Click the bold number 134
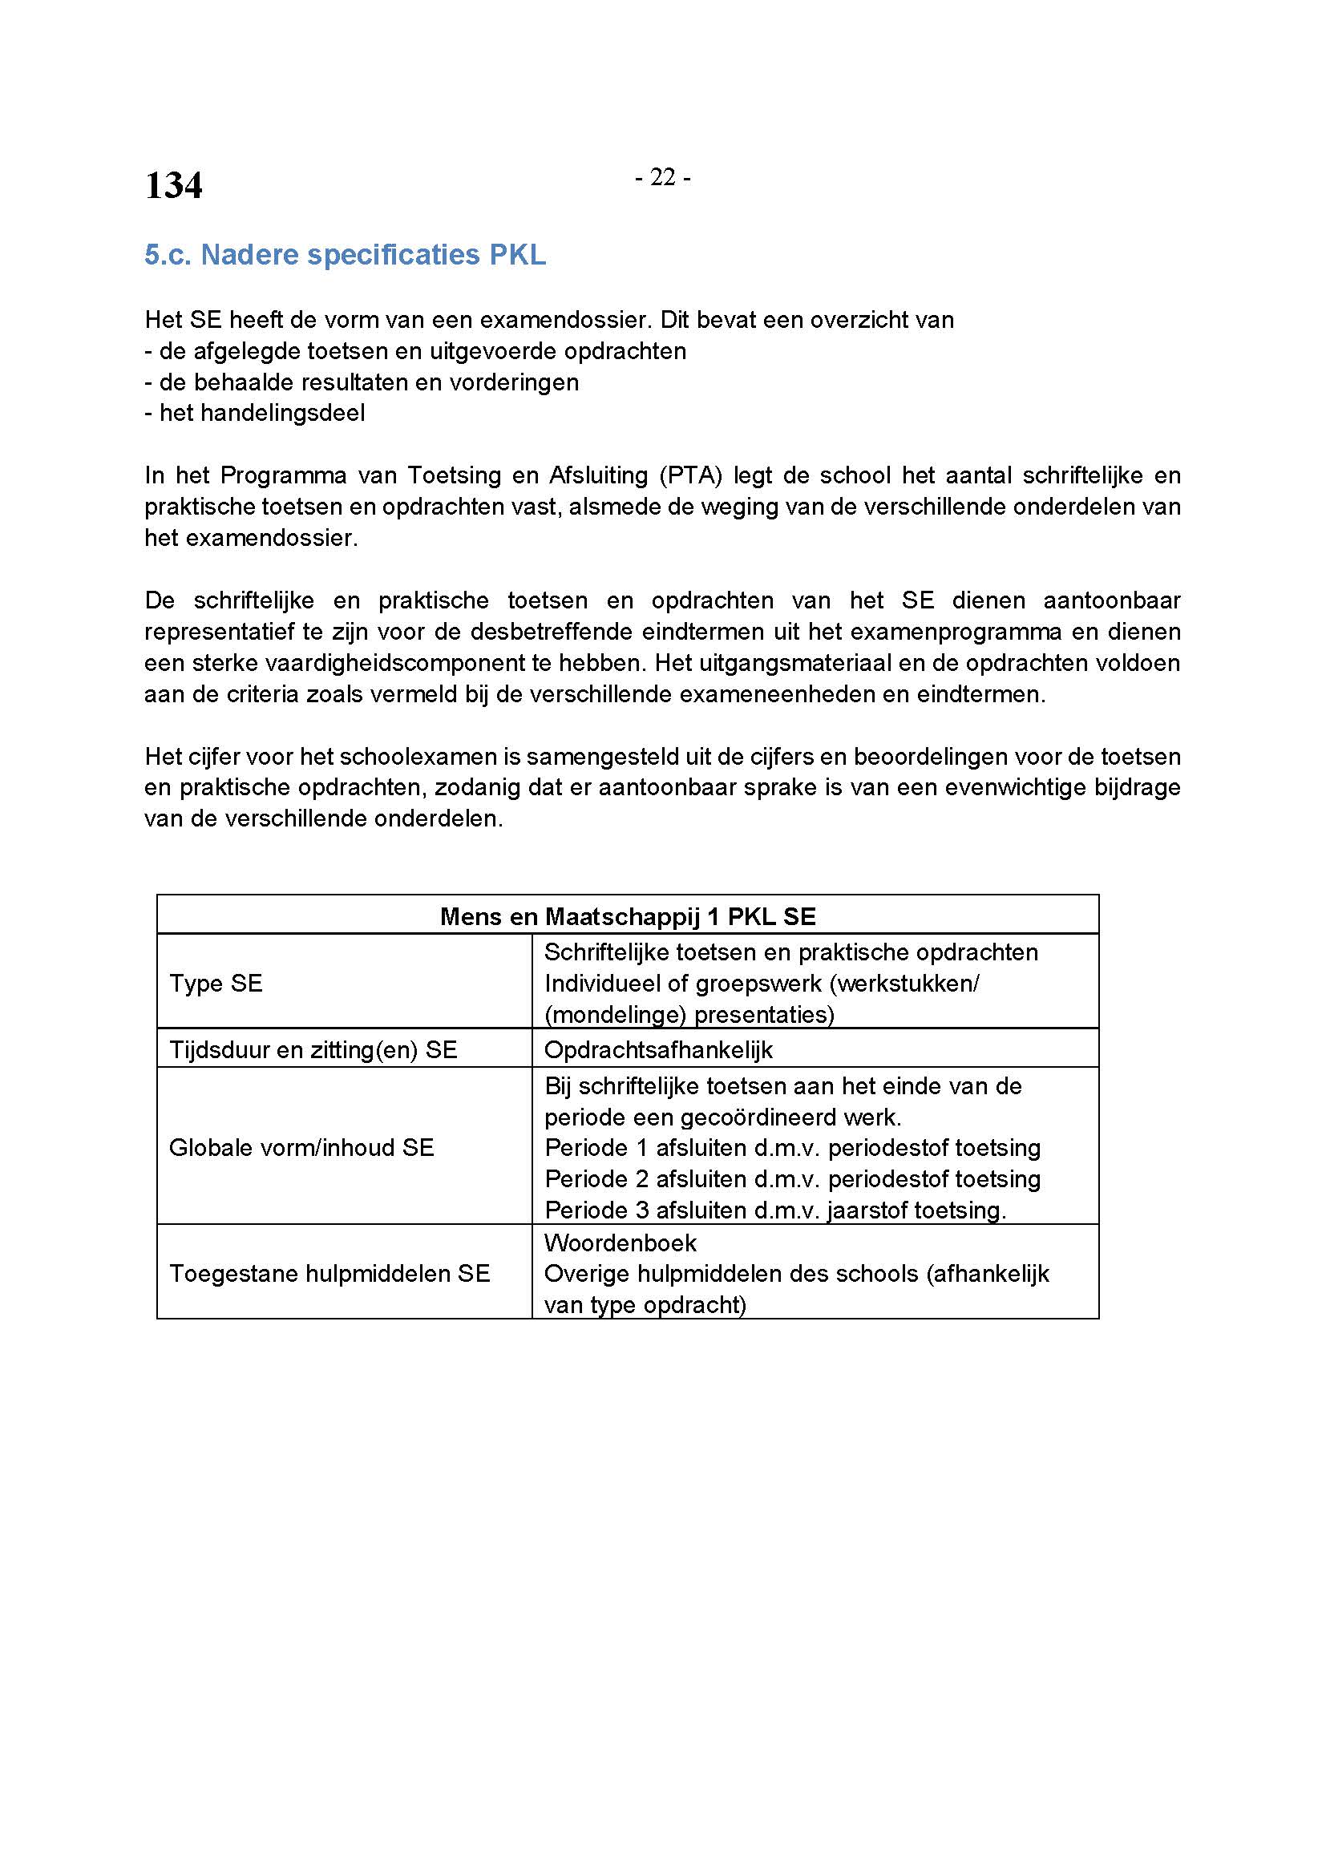[x=173, y=185]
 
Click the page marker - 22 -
[x=662, y=177]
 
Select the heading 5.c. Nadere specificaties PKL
[x=345, y=255]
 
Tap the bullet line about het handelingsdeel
[x=255, y=413]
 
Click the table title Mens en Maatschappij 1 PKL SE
[x=627, y=916]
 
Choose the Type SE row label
[x=216, y=984]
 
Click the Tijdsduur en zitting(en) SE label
[x=313, y=1050]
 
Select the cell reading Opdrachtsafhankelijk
[x=658, y=1050]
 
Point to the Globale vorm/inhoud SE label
[x=301, y=1147]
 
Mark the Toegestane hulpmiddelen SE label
[x=329, y=1273]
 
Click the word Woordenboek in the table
[x=620, y=1243]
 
